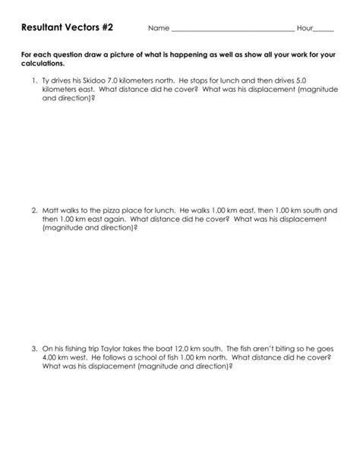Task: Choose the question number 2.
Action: tap(34, 209)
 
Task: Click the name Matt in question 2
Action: tap(51, 209)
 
